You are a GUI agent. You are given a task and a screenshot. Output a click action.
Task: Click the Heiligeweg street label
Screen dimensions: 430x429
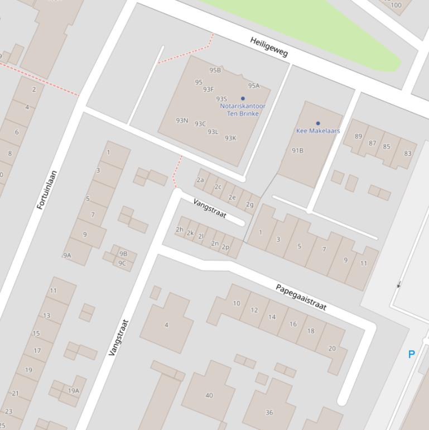coord(269,47)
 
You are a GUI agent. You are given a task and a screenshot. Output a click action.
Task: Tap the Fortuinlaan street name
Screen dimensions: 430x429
coord(47,190)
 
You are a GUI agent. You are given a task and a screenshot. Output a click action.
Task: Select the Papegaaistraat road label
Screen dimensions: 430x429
coord(301,297)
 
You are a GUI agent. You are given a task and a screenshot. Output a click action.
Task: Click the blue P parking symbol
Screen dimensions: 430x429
coord(412,354)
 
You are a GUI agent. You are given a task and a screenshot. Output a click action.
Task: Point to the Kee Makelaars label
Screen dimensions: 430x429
coord(318,131)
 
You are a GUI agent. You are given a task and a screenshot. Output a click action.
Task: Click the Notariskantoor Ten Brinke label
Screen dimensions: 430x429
coord(243,109)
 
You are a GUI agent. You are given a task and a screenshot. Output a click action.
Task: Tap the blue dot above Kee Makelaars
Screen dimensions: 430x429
coord(318,123)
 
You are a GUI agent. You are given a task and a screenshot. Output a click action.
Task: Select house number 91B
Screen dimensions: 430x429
coord(297,150)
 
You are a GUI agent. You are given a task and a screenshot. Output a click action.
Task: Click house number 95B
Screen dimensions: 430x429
coord(215,70)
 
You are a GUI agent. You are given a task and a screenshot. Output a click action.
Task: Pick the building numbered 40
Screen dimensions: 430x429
coord(209,395)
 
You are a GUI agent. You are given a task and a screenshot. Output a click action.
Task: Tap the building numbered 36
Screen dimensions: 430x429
coord(269,413)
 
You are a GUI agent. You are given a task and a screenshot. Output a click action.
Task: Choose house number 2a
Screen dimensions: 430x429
coord(200,180)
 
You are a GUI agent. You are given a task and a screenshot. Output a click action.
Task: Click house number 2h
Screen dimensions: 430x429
coord(180,230)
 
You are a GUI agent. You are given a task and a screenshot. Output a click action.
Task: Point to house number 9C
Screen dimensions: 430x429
coord(122,264)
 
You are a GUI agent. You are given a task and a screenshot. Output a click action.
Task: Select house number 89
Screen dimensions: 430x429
coord(358,136)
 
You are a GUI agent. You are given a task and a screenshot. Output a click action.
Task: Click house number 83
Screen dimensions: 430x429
coord(408,154)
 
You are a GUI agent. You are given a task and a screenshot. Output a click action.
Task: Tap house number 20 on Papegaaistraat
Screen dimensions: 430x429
coord(332,348)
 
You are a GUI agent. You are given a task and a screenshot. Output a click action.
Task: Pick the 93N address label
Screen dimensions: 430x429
coord(182,120)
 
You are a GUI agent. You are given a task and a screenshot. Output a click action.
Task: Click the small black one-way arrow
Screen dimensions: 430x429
coord(398,285)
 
